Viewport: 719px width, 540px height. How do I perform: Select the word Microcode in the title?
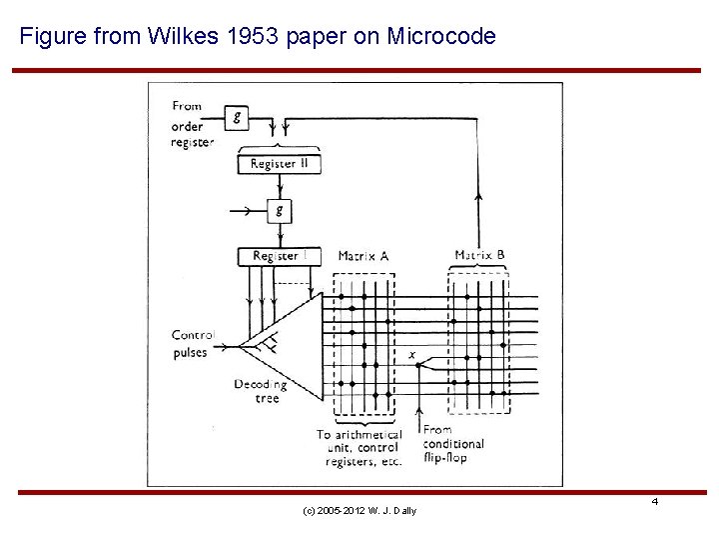(x=440, y=37)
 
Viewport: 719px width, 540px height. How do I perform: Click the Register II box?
(x=280, y=164)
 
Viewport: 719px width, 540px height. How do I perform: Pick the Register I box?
(x=280, y=256)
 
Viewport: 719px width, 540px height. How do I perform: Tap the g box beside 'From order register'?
(x=237, y=117)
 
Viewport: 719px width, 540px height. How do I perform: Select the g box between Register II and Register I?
(x=280, y=210)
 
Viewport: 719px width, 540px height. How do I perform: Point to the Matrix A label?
(x=363, y=256)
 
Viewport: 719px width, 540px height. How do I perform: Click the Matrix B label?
(x=479, y=255)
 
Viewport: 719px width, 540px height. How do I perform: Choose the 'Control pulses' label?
(x=191, y=343)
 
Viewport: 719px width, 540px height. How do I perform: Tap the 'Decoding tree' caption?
(x=260, y=391)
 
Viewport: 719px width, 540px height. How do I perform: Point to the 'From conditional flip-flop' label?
(x=453, y=444)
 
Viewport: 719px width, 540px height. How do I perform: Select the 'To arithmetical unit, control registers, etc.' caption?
(x=359, y=448)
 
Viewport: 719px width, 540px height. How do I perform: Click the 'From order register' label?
(x=192, y=124)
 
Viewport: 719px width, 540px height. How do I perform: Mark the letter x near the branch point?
(x=412, y=354)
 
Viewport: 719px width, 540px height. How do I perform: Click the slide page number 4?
(x=655, y=500)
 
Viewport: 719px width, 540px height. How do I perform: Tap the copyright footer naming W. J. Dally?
(x=359, y=511)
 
